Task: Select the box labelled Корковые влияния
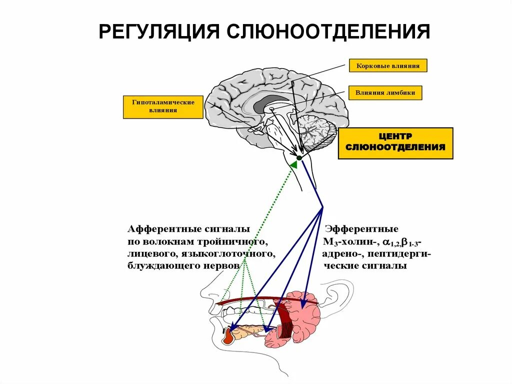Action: pos(388,66)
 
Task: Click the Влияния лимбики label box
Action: pos(388,93)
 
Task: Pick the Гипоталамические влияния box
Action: pos(163,106)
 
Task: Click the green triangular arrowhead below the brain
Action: pos(294,164)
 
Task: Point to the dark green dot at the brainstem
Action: pos(299,158)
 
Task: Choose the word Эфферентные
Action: pos(361,229)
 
